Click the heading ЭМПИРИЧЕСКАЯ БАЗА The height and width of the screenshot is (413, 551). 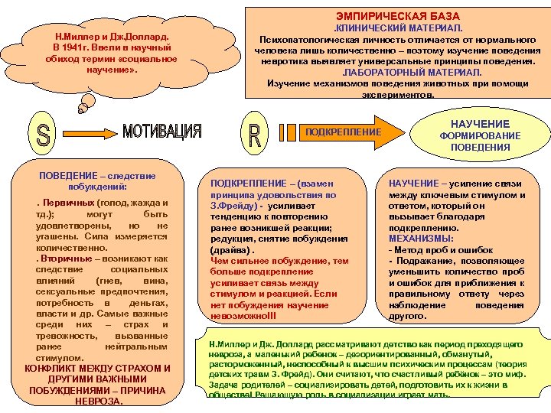tap(398, 15)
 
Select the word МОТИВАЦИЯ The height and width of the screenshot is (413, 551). tap(162, 131)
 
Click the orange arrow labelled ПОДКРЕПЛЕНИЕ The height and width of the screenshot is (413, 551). tap(343, 132)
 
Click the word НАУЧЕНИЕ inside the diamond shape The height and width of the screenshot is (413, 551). tap(480, 123)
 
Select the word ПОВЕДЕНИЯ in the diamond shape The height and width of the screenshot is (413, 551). tap(480, 147)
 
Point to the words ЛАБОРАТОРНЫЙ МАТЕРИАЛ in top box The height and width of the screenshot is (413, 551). tap(398, 71)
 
